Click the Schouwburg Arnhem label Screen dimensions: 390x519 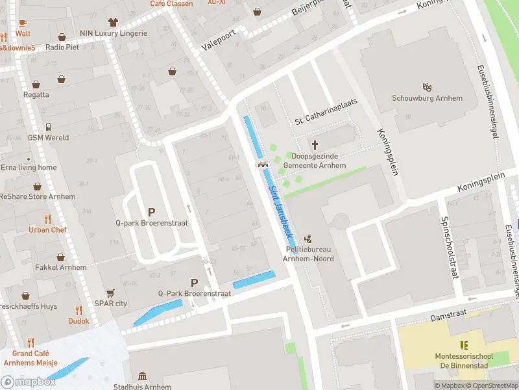coord(427,98)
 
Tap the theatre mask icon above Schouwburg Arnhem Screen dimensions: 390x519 coord(427,86)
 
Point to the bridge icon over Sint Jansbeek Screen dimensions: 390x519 coord(263,164)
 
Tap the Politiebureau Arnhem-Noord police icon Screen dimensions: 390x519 coord(308,238)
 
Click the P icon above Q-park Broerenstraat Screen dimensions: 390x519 coord(152,212)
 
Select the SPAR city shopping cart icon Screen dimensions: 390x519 coord(110,292)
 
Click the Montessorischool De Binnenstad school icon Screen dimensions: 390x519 coord(463,345)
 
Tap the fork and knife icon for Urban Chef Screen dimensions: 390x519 coord(47,218)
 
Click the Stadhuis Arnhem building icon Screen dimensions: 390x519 coord(142,376)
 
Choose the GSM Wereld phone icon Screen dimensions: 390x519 coord(48,127)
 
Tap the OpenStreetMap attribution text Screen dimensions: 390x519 coord(490,385)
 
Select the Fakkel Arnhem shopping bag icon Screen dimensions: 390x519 coord(60,257)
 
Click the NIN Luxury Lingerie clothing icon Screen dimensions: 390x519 coord(114,22)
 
